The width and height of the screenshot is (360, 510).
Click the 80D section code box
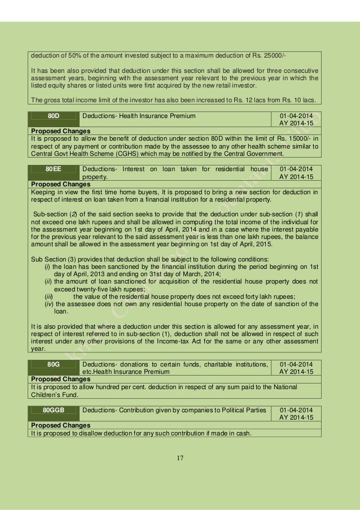(x=54, y=116)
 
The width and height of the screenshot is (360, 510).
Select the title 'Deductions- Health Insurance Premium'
(x=139, y=116)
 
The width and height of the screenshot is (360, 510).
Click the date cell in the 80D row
(x=296, y=120)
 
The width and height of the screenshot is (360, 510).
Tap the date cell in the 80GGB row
(x=296, y=412)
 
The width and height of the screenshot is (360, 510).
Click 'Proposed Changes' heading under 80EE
(x=60, y=184)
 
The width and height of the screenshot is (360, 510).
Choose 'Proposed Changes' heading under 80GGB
(x=60, y=424)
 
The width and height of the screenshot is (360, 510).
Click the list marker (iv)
(x=50, y=304)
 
